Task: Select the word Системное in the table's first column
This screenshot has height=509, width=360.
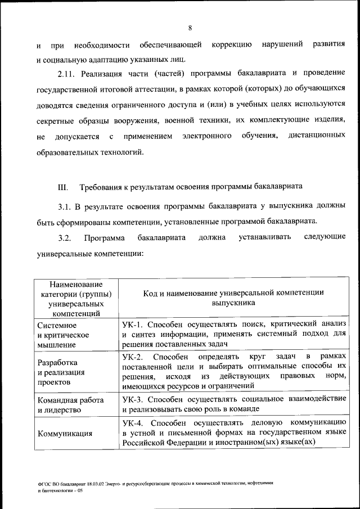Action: [x=57, y=325]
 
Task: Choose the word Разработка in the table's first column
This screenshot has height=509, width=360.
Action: [x=57, y=362]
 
